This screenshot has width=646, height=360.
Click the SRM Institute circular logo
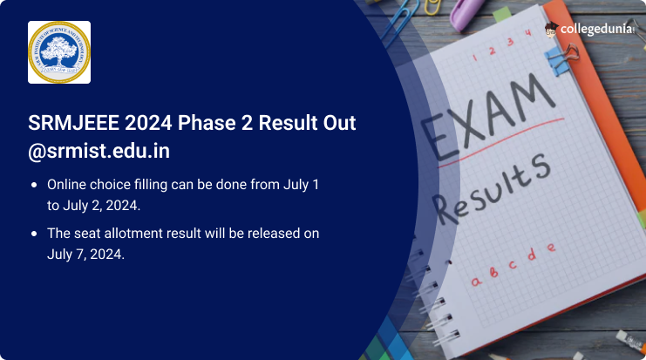coord(59,52)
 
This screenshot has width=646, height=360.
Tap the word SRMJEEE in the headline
coord(73,123)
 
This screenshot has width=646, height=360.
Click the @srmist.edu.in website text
coord(99,151)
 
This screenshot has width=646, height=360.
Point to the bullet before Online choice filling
coord(34,185)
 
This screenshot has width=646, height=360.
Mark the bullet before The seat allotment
coord(34,234)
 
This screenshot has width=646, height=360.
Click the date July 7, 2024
coord(85,255)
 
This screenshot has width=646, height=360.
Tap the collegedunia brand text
coord(596,29)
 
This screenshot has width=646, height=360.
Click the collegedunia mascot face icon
coord(551,30)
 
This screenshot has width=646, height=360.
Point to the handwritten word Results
coord(493,188)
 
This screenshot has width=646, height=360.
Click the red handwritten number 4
coord(527,33)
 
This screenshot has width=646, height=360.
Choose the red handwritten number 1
coord(474,58)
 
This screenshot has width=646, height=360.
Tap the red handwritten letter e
coord(551,248)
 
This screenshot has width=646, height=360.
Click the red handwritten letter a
coord(476,282)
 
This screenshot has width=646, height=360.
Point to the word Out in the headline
coord(339,123)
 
